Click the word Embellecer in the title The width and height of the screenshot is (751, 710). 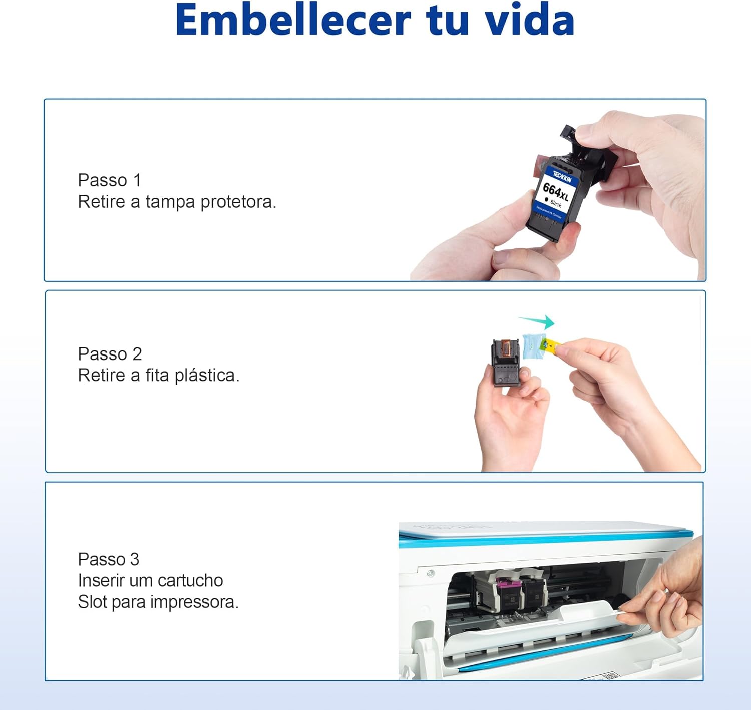[x=293, y=20]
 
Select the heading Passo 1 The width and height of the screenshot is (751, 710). [x=109, y=180]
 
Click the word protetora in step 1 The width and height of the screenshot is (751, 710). [x=238, y=202]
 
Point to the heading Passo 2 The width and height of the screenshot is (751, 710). [x=110, y=354]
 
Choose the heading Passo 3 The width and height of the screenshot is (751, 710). [x=108, y=559]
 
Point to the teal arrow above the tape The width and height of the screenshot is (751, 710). [x=537, y=321]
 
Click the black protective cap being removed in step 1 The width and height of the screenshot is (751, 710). [x=588, y=150]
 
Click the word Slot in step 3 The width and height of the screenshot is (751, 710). [x=92, y=602]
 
